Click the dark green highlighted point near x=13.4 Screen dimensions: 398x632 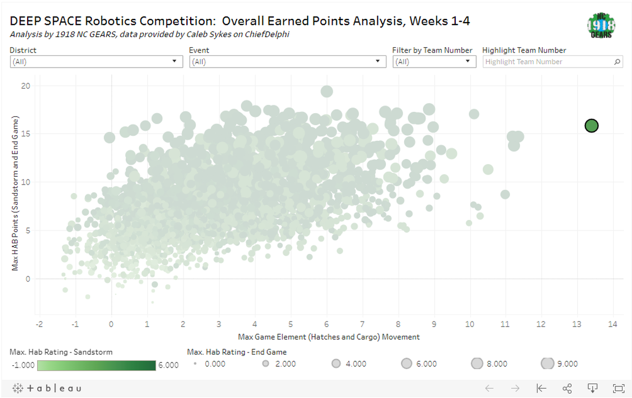click(592, 126)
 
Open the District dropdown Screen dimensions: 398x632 click(96, 62)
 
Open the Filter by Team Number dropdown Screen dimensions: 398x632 click(434, 62)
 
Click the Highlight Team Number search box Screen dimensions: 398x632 click(549, 62)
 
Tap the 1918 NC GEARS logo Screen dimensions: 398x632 click(601, 25)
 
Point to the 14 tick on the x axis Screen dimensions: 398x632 click(613, 324)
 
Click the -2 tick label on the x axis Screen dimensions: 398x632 click(39, 324)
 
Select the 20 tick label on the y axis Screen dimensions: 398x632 click(26, 86)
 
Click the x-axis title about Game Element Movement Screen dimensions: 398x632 click(329, 336)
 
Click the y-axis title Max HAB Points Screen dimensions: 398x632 click(17, 193)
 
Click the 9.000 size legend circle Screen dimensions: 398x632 click(548, 364)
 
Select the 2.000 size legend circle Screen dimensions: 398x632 click(266, 364)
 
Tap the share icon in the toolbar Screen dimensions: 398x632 click(567, 388)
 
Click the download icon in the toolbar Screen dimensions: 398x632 click(592, 388)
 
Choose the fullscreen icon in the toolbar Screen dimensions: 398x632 click(618, 388)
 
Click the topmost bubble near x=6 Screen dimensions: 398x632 click(327, 91)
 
